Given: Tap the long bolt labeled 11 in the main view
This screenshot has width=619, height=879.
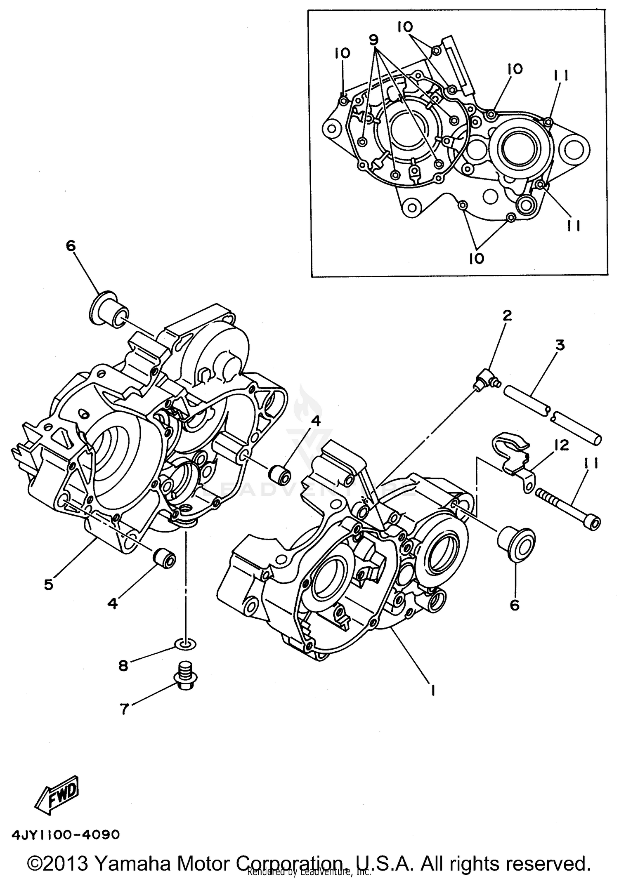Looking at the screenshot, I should click(567, 509).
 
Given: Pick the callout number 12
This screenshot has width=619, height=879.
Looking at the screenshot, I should click(562, 445).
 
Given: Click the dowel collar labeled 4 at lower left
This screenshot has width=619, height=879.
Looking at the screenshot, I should click(164, 559).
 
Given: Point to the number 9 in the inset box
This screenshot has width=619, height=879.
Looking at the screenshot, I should click(373, 40).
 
